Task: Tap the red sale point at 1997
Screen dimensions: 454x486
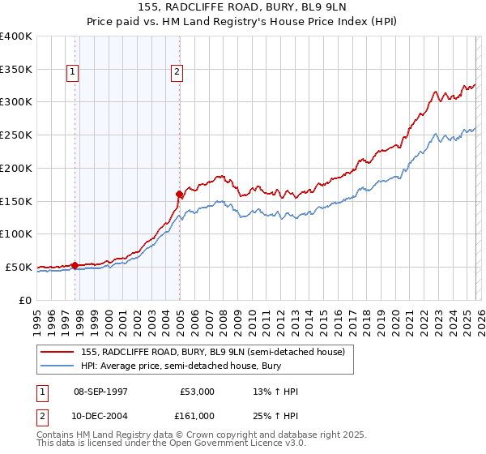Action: click(75, 264)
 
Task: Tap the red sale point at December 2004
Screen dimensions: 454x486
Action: click(179, 194)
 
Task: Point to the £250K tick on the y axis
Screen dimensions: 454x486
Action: click(16, 135)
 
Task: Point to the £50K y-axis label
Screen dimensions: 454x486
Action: click(19, 267)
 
